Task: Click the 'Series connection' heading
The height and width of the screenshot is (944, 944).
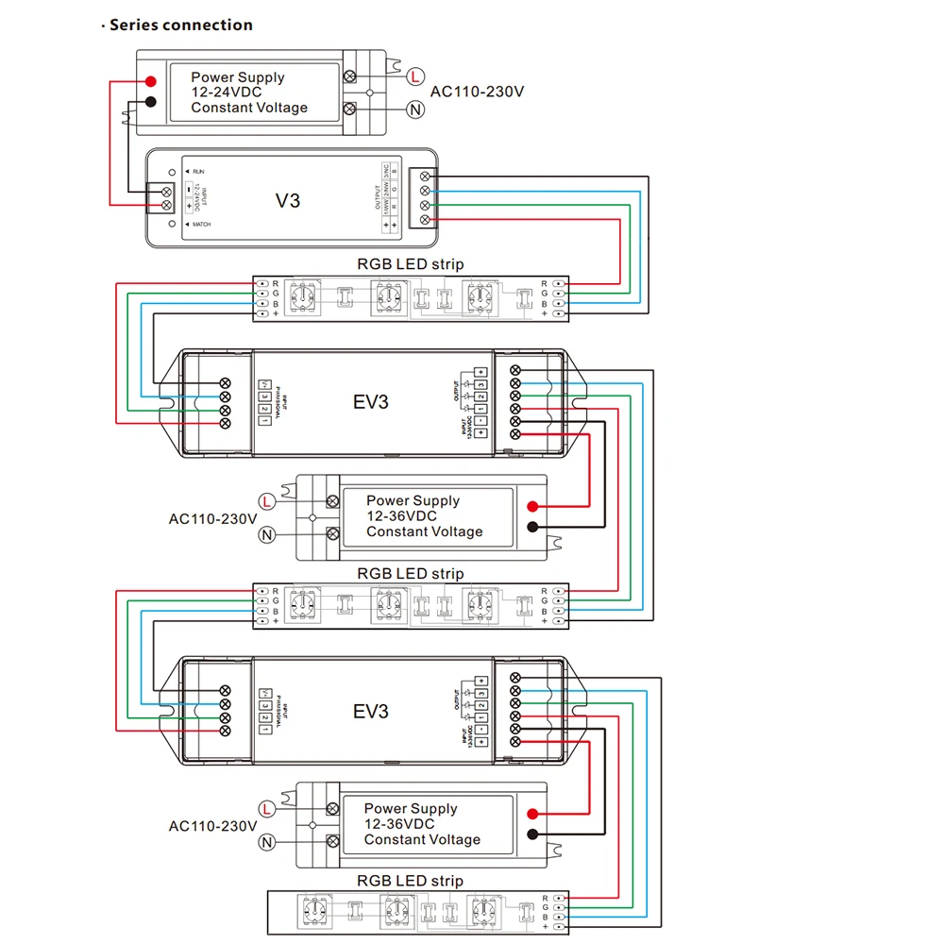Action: pos(180,25)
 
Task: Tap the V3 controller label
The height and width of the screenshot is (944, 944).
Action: pos(287,200)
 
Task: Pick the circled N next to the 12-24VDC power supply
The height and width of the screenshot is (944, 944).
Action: pos(415,110)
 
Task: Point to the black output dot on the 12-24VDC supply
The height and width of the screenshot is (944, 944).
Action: pos(151,102)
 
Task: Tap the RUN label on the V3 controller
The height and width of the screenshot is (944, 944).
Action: pos(198,171)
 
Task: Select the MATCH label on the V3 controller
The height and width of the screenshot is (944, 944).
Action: pos(202,226)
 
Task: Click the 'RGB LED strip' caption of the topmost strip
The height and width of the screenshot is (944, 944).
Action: pos(410,263)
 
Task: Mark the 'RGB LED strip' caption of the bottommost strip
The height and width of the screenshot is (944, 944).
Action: pos(410,881)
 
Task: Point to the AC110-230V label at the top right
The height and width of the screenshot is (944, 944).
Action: pos(477,92)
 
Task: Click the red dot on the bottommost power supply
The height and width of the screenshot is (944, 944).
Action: pos(533,814)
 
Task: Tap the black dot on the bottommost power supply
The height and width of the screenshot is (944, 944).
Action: pos(533,834)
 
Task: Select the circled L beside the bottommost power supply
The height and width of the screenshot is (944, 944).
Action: pos(267,809)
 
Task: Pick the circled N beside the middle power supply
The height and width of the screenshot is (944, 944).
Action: pos(267,535)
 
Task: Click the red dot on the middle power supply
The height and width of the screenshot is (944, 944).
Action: pos(533,506)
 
